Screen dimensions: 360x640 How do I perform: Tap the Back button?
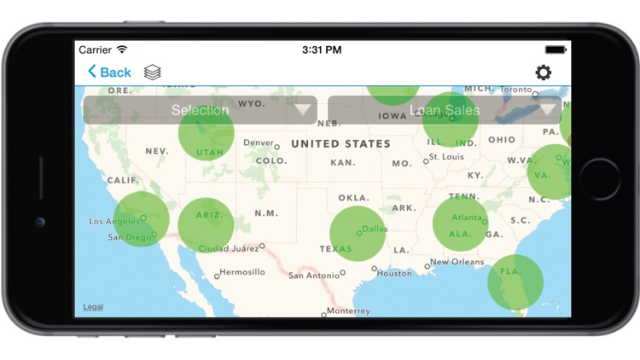[109, 73]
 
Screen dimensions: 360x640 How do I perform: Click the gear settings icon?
[544, 73]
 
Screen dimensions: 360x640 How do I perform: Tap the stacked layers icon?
[153, 73]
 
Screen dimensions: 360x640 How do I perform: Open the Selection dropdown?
[200, 110]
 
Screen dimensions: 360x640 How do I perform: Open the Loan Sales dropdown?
[444, 110]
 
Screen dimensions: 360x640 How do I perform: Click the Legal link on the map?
[93, 307]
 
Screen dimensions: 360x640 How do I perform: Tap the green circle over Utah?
[207, 132]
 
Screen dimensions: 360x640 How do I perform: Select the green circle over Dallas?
[358, 233]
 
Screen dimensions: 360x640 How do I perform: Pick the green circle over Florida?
[515, 282]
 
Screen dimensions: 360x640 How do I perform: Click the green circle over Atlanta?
[460, 224]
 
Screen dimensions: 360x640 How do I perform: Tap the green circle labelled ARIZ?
[206, 224]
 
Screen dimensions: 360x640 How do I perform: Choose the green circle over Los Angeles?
[141, 218]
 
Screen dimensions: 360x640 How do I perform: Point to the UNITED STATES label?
[340, 144]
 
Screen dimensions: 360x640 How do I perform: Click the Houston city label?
[394, 273]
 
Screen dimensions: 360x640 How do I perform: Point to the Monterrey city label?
[348, 311]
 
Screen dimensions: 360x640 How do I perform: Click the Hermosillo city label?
[241, 272]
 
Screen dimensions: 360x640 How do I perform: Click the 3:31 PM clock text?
[323, 49]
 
